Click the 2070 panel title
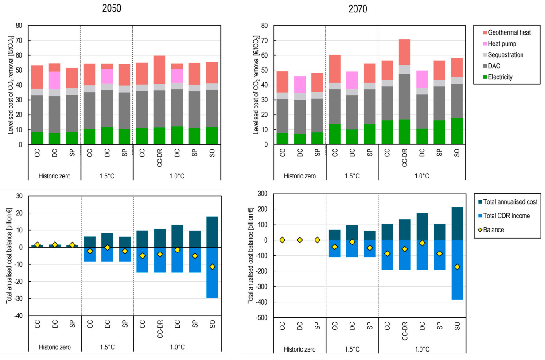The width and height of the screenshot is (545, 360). pyautogui.click(x=358, y=9)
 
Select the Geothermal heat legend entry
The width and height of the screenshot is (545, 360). pyautogui.click(x=505, y=32)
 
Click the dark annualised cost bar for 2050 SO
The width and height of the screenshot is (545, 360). pyautogui.click(x=212, y=232)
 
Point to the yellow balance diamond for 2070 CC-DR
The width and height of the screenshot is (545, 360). pyautogui.click(x=405, y=249)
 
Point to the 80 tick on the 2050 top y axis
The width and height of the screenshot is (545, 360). pyautogui.click(x=19, y=26)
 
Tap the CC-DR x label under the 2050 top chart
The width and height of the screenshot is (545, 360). pyautogui.click(x=160, y=157)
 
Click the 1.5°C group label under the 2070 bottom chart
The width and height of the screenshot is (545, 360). pyautogui.click(x=352, y=349)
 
